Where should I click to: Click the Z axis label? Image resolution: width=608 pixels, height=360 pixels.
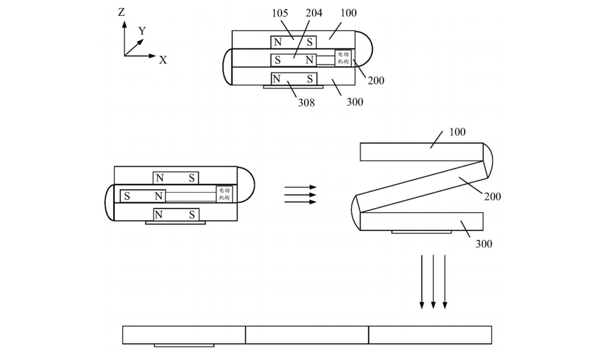point(122,12)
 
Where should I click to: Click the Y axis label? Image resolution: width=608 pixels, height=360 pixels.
point(142,30)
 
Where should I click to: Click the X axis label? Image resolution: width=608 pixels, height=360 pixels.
point(163,60)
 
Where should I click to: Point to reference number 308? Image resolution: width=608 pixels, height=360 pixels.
point(306,102)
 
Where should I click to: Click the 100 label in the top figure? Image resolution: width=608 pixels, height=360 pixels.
point(348,13)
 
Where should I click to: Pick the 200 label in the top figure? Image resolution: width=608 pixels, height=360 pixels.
point(376,80)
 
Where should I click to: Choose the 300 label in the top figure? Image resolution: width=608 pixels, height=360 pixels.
point(354,102)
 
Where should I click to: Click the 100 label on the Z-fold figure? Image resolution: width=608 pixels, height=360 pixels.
point(457,131)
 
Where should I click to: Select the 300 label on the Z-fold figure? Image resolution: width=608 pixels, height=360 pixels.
point(484,244)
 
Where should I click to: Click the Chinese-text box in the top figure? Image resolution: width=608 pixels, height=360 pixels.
point(343,59)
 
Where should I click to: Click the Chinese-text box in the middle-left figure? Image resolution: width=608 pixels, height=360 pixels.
point(224,194)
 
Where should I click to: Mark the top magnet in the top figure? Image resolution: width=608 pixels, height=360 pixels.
point(294,42)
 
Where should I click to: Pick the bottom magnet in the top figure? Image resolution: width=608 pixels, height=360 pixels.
point(294,78)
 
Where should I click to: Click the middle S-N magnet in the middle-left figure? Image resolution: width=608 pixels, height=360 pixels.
point(143,196)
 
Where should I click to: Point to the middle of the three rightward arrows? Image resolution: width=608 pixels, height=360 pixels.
point(300,195)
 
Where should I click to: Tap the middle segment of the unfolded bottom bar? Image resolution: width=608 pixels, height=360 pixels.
point(307,335)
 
